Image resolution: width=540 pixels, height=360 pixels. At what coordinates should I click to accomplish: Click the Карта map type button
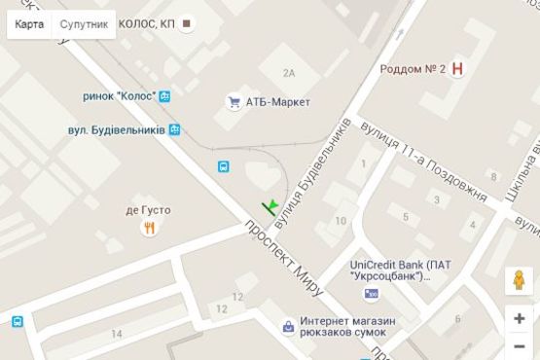[x=29, y=24]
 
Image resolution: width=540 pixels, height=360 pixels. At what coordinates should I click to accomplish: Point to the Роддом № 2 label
[x=412, y=69]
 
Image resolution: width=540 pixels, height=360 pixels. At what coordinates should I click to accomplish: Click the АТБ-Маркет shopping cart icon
[x=234, y=100]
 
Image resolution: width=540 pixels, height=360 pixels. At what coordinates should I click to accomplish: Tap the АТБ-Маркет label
[x=278, y=101]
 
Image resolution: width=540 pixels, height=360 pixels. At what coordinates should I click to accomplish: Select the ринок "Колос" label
[x=120, y=96]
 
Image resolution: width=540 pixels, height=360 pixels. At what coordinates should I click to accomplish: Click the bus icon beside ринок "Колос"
[x=165, y=96]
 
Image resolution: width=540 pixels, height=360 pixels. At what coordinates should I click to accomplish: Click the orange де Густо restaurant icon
[x=149, y=228]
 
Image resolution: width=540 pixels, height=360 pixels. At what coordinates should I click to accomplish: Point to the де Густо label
[x=148, y=209]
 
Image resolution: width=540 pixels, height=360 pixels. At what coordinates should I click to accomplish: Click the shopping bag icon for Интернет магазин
[x=287, y=327]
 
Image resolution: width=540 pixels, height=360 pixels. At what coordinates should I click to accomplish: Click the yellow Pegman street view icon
[x=520, y=281]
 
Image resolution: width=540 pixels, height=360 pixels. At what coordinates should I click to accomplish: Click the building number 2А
[x=288, y=73]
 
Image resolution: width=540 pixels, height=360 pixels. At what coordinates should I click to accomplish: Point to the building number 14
[x=117, y=334]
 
